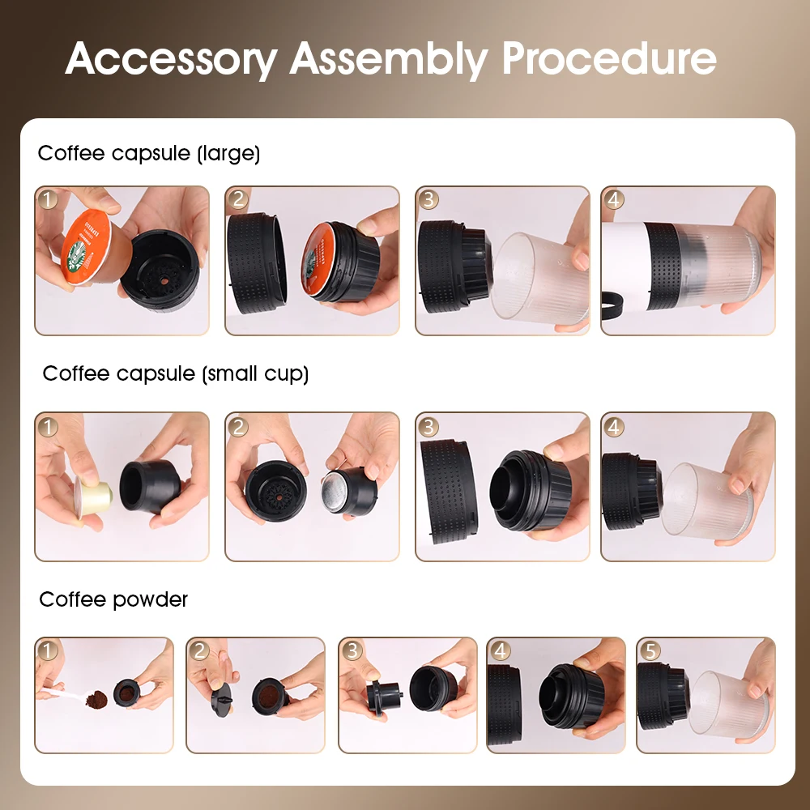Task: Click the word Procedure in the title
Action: tap(609, 58)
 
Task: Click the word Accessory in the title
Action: tap(171, 58)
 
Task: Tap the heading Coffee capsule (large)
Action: tap(149, 153)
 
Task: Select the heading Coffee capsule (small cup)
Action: tap(176, 373)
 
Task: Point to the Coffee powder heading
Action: tap(113, 599)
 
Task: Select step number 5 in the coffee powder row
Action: tap(650, 650)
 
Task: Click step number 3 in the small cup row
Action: tap(429, 426)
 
